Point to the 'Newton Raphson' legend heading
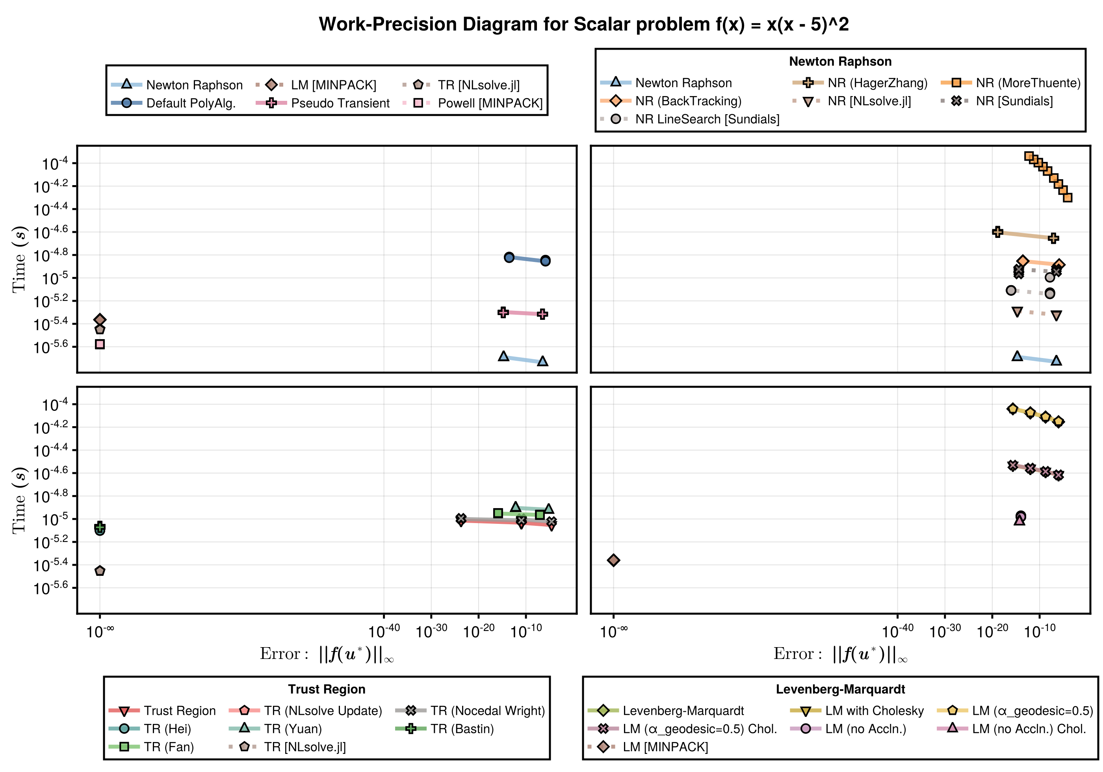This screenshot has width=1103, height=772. (x=840, y=61)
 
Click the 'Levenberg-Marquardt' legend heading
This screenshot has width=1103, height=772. (x=840, y=689)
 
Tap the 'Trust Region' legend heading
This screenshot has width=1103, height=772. (x=327, y=689)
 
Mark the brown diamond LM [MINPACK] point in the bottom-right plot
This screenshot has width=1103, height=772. (x=613, y=560)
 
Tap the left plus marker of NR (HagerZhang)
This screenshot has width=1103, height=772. (x=997, y=232)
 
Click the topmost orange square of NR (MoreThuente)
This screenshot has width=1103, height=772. (x=1029, y=156)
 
